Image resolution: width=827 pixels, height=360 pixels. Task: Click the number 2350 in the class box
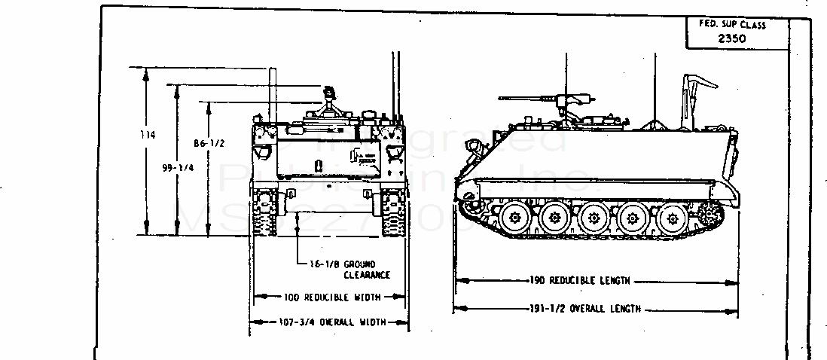click(732, 38)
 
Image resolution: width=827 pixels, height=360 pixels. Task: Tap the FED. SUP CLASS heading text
click(732, 25)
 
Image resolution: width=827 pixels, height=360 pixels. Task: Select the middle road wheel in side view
click(594, 219)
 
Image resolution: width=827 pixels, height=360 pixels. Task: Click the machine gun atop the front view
click(329, 97)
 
